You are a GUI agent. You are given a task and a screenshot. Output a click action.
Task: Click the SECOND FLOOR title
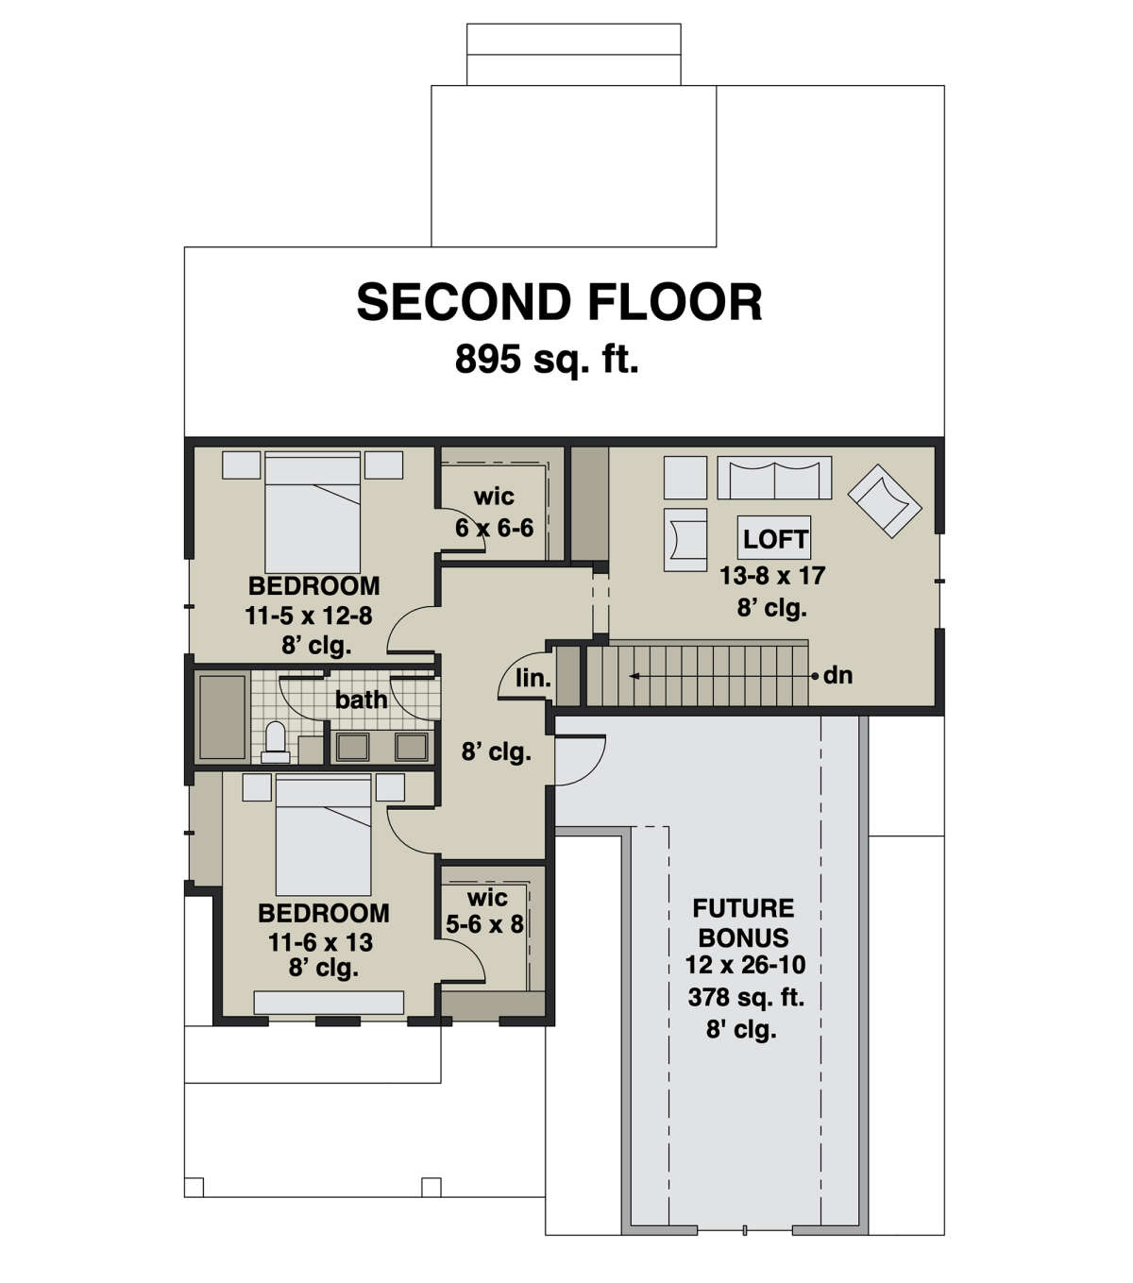click(559, 302)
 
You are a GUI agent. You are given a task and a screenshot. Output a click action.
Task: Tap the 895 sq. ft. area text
click(547, 360)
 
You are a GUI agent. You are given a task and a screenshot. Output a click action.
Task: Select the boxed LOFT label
click(774, 539)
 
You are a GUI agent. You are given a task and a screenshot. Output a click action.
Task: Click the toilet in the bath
click(275, 742)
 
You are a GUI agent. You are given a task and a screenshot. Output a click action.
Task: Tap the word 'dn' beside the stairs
click(837, 675)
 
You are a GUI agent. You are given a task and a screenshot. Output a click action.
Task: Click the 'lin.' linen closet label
click(533, 678)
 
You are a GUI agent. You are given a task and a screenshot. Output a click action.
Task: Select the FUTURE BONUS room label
click(743, 922)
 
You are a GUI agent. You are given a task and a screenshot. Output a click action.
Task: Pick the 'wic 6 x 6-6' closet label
click(494, 513)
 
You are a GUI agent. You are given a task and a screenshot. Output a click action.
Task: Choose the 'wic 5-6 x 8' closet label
click(485, 911)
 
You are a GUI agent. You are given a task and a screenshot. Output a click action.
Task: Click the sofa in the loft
click(774, 478)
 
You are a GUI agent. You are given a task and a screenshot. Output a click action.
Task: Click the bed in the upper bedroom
click(313, 513)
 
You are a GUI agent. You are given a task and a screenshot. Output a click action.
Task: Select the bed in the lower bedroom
click(323, 836)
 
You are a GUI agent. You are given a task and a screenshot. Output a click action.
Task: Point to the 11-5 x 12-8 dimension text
click(309, 616)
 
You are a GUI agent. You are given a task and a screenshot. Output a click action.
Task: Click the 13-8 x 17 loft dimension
click(772, 575)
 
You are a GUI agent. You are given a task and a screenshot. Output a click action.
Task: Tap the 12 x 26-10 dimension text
click(745, 966)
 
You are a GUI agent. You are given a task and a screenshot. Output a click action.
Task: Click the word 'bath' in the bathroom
click(361, 700)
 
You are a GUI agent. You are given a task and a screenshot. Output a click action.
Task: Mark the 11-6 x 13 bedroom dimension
click(321, 941)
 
